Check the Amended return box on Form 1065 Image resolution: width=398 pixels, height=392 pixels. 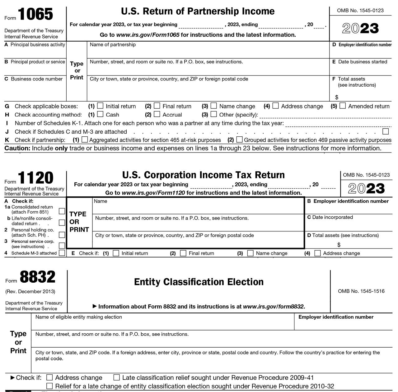[343, 106]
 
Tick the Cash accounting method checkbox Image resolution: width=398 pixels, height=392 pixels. [100, 114]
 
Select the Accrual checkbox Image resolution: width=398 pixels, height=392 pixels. [157, 114]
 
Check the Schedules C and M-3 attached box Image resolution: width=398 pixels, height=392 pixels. [386, 131]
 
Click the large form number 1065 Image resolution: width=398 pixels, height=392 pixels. [36, 14]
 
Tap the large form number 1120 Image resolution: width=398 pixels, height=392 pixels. [36, 178]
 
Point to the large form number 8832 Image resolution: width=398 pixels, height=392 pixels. [38, 277]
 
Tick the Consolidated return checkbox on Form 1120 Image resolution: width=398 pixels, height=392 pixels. [62, 211]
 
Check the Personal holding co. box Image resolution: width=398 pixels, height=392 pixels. [62, 235]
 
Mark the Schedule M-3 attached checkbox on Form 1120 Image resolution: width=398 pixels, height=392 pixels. [62, 253]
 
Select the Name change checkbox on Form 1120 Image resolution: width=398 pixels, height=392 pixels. [250, 253]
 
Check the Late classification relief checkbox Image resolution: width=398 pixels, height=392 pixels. [117, 377]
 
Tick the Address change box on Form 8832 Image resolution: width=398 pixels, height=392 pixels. [49, 377]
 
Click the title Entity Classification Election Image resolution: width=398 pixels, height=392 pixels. [199, 282]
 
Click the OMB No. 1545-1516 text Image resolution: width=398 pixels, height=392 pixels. [361, 291]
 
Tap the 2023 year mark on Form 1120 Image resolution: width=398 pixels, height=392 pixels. [366, 189]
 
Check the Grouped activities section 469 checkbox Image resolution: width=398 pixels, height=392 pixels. [239, 139]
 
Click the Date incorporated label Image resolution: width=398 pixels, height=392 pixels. [330, 217]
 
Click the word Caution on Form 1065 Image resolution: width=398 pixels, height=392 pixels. [17, 148]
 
